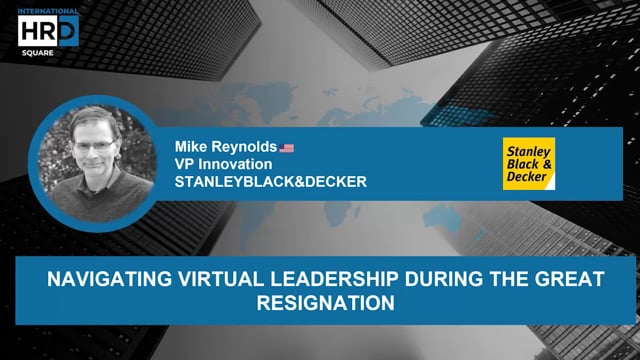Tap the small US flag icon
pyautogui.click(x=287, y=148)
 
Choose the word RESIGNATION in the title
pyautogui.click(x=320, y=301)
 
